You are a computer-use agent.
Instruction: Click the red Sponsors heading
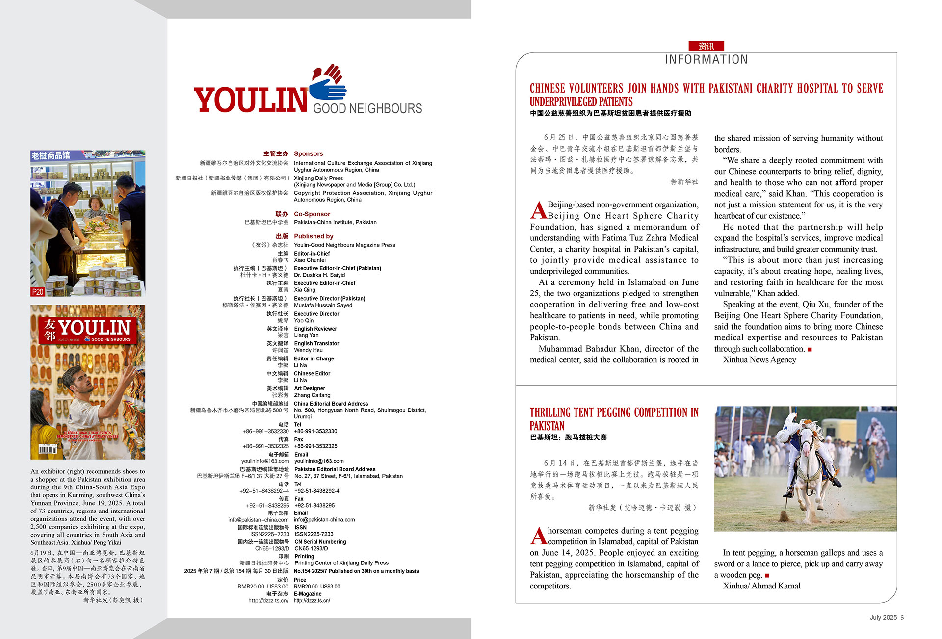(308, 153)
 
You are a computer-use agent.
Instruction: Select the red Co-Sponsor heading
(312, 214)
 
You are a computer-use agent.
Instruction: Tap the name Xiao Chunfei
(310, 260)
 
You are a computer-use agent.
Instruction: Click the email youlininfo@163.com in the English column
(318, 461)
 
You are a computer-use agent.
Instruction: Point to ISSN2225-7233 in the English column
(314, 534)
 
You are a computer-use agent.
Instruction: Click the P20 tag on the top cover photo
(38, 292)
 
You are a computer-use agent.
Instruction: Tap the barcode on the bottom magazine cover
(48, 449)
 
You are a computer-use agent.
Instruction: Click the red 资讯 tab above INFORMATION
(706, 46)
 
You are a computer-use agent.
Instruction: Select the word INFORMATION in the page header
(706, 60)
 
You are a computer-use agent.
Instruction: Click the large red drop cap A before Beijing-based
(538, 210)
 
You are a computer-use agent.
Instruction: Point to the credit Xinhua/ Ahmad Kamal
(761, 586)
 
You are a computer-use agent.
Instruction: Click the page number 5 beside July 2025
(902, 617)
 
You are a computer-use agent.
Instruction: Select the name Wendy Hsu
(308, 350)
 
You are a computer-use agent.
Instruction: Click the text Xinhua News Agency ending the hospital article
(759, 359)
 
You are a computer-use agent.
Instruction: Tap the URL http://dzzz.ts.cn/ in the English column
(312, 600)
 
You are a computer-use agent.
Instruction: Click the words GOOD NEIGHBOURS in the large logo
(367, 108)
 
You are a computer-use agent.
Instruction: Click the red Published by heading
(314, 236)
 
